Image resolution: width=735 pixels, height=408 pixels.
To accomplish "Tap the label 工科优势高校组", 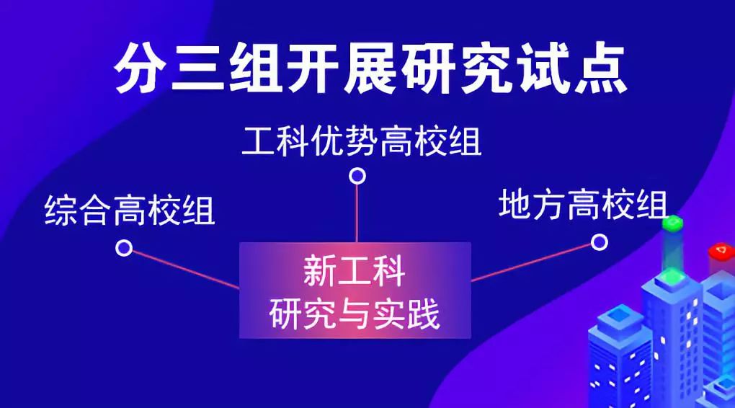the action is point(362,141).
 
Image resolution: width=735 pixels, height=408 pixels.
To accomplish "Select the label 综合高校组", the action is point(130,210).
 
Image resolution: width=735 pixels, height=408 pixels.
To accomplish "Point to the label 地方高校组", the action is point(583,204).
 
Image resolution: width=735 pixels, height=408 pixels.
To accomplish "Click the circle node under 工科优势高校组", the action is point(357,176).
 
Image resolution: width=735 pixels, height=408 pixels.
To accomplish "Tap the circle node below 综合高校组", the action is point(124,248).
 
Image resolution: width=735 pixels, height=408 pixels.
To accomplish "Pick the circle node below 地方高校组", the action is point(599,242).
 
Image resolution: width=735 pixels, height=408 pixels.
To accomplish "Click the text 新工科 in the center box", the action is point(355,272).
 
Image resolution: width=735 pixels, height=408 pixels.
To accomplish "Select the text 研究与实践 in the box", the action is point(355,314).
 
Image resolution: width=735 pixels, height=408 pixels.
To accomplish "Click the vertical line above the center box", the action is point(357,213).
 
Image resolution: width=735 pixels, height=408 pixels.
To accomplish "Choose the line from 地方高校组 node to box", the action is point(531,262).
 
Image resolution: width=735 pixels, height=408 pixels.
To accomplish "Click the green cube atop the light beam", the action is point(672,223).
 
